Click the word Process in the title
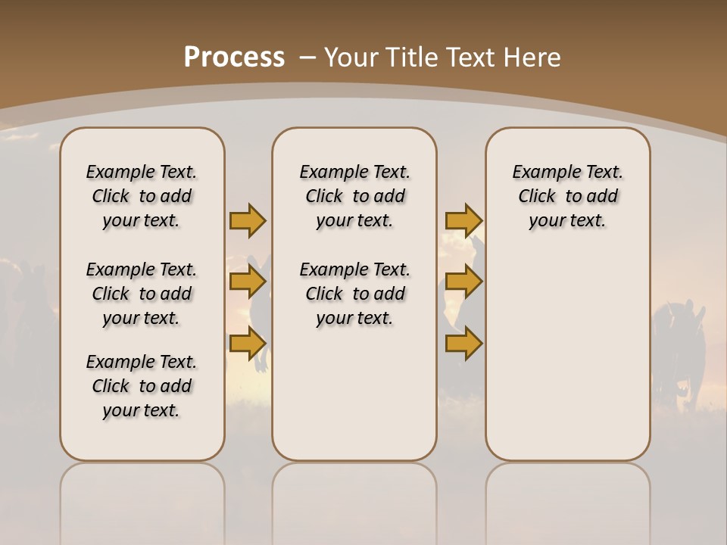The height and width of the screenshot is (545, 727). pos(234,58)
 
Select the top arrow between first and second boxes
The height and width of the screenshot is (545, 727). pos(248,220)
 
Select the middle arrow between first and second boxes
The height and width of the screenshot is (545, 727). pos(248,282)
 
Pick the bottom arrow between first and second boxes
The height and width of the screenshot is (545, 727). pos(248,344)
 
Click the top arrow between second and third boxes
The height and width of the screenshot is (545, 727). pos(463,220)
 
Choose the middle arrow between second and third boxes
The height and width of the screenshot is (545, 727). pos(463,282)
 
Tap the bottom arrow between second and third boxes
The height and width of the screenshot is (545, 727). pos(463,344)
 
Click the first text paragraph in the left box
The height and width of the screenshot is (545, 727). pos(142,196)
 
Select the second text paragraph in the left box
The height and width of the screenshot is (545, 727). pos(142,294)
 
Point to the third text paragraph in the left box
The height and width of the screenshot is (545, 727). pos(142,386)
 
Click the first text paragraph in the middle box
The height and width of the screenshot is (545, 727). pos(354,196)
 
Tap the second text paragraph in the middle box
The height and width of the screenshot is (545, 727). pos(354,294)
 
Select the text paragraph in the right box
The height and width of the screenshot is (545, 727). pos(567,196)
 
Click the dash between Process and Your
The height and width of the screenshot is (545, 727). pos(307,58)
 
